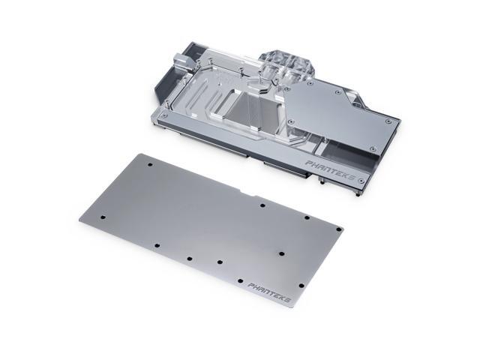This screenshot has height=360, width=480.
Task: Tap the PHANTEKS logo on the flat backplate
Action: click(x=268, y=286)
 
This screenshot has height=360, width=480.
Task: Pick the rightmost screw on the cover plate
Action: click(x=387, y=120)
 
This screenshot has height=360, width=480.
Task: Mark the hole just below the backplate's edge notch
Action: click(x=262, y=203)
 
